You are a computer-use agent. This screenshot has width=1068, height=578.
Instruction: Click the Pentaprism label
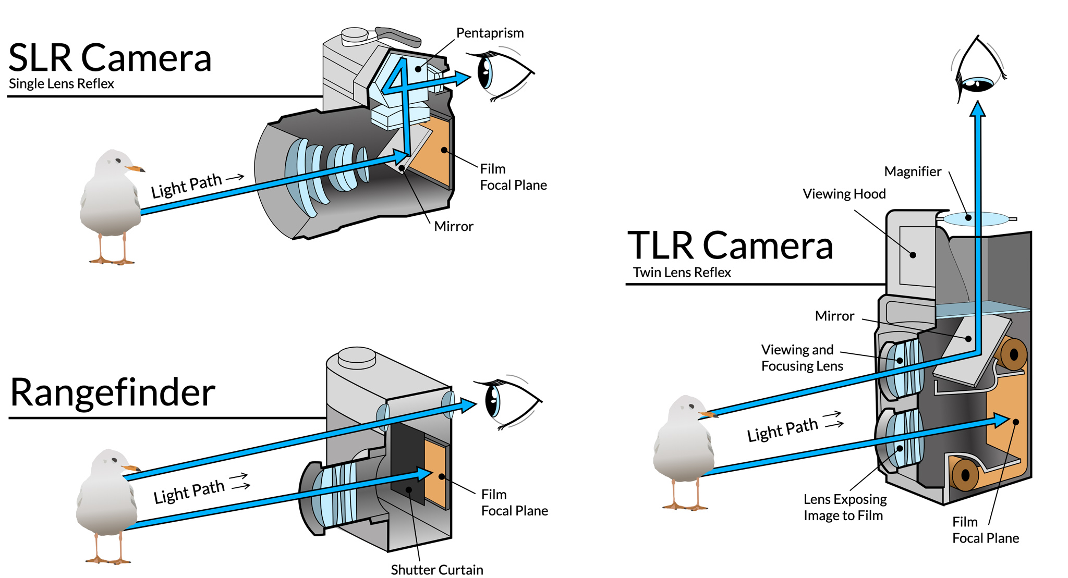click(490, 33)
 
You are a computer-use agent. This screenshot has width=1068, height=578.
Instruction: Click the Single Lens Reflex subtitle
click(62, 84)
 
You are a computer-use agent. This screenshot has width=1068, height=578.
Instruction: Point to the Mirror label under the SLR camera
click(454, 226)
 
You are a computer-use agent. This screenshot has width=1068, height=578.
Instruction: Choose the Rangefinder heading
click(113, 392)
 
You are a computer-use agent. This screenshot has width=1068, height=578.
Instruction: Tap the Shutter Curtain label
click(437, 569)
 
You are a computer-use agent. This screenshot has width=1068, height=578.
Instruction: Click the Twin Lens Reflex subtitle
click(682, 273)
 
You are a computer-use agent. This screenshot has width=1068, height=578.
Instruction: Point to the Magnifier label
click(913, 171)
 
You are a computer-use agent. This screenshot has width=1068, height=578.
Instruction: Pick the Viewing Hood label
click(844, 194)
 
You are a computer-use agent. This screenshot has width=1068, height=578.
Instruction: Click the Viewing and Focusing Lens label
click(802, 358)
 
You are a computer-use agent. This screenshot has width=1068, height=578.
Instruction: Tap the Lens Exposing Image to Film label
click(845, 507)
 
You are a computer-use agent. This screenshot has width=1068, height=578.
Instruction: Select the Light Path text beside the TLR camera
click(782, 430)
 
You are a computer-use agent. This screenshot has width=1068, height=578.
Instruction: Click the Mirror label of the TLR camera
click(834, 316)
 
